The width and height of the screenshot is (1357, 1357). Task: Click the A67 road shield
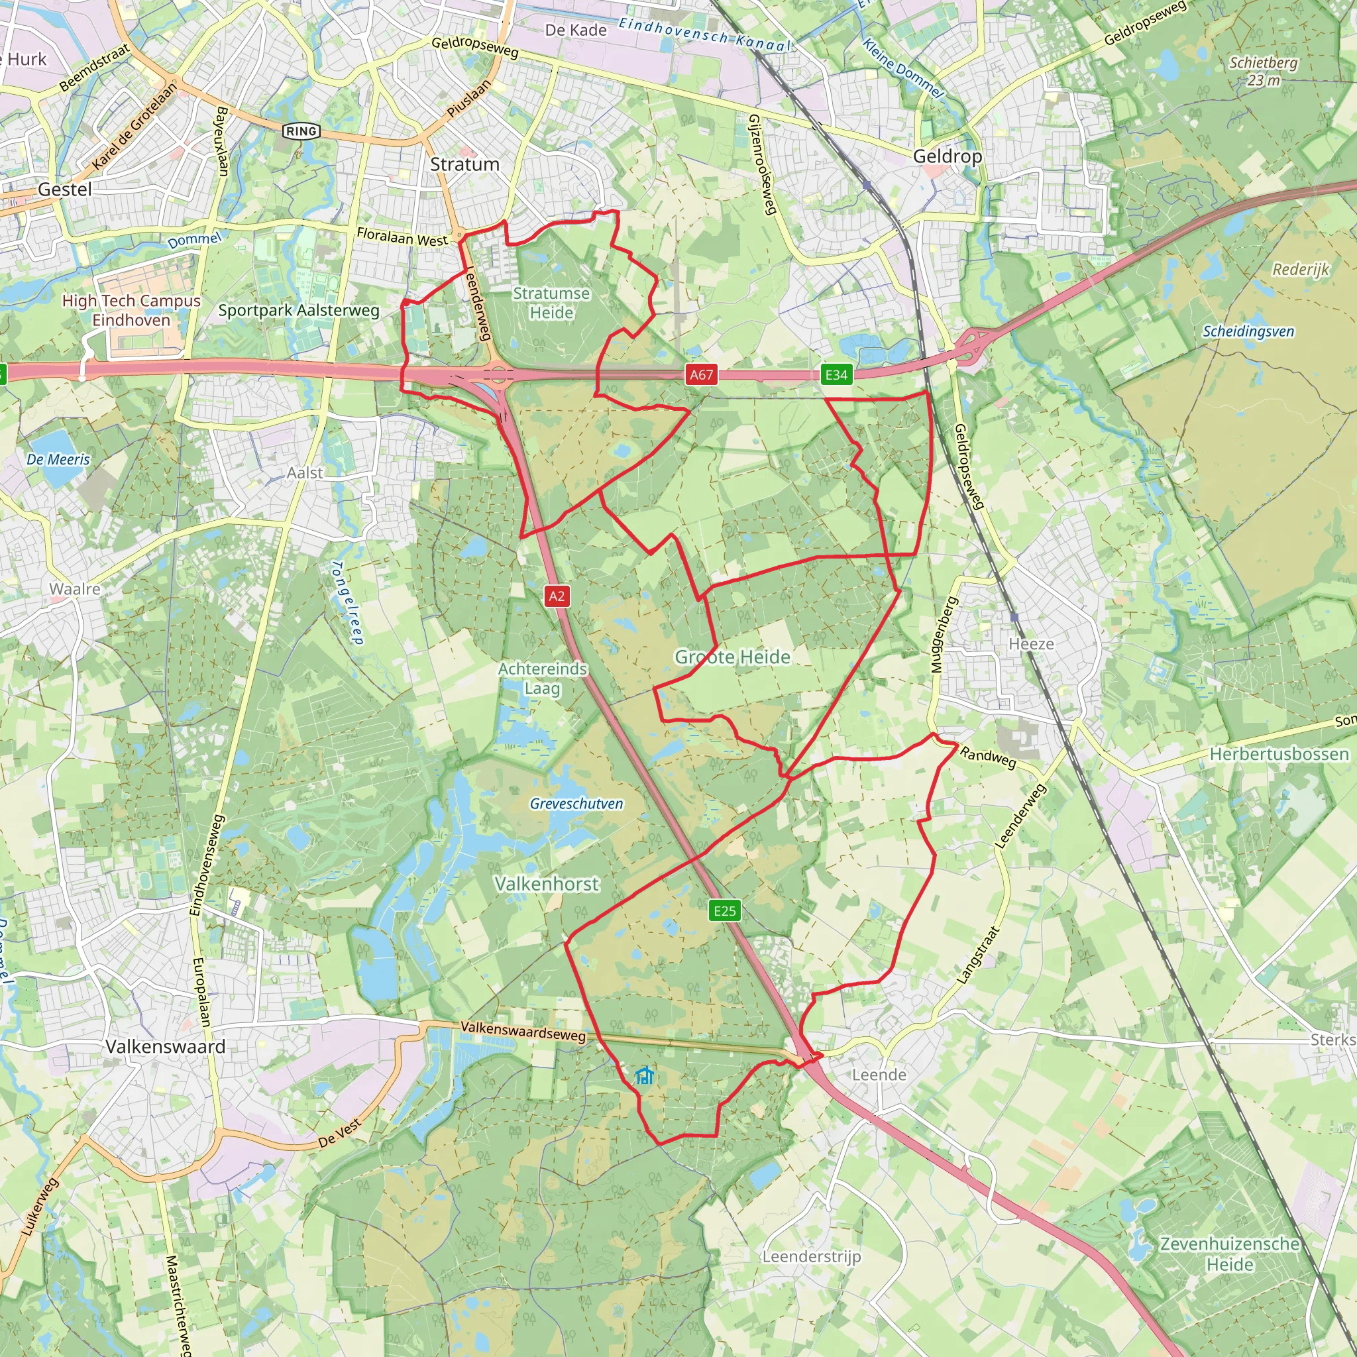point(701,374)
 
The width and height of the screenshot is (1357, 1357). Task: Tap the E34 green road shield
point(836,374)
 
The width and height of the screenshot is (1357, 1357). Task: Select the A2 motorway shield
point(557,596)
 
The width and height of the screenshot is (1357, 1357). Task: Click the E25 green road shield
point(724,911)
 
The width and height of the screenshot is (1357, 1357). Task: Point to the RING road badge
point(301,131)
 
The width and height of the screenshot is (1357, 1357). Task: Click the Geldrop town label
point(947,156)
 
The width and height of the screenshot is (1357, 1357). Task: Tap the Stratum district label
point(464,164)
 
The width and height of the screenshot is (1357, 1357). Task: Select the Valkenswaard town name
point(165,1046)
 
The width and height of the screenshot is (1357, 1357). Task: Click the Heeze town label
point(1030,644)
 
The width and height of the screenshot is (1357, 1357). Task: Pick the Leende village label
point(879,1075)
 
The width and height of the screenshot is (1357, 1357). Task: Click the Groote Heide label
point(732,657)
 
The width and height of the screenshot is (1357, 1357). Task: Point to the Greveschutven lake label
point(576,804)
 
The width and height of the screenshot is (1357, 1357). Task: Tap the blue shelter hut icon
point(644,1075)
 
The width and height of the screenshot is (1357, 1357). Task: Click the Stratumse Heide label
point(551,303)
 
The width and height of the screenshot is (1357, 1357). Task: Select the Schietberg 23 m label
point(1263,71)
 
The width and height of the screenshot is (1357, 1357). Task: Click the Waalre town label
point(74,588)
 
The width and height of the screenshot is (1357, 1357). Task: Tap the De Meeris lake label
point(58,459)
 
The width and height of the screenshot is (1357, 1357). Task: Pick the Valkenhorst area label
point(547,884)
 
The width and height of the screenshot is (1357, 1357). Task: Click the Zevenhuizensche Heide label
point(1229,1254)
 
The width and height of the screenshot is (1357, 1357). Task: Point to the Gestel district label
point(65,190)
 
